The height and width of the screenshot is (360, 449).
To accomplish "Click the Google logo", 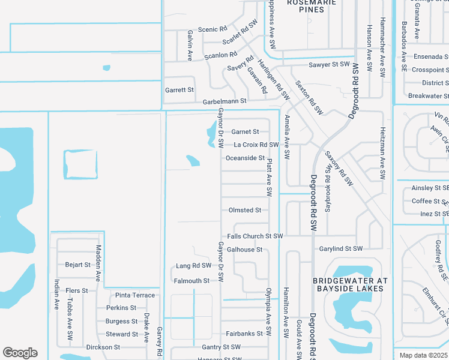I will pos(20,353).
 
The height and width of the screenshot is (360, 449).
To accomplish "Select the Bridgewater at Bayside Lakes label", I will pos(351,284).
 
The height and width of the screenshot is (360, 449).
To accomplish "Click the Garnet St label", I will pos(245,132).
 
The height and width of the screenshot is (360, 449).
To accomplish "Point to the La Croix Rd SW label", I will pos(256,145).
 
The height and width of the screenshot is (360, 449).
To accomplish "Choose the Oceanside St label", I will pos(245,158).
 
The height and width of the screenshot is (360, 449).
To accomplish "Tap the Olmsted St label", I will pos(245,211).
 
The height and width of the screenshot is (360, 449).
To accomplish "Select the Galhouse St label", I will pos(245,250).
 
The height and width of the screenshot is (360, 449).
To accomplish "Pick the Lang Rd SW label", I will pos(194,266).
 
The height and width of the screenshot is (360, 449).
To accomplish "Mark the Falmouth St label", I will pos(191,281).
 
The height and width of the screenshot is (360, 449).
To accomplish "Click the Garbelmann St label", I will pos(225,101).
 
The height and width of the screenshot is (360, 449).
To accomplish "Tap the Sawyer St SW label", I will pos(329,64).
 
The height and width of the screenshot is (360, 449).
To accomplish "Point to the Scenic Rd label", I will pos(212,29).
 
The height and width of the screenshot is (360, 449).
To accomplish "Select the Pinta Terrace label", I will pos(135,295).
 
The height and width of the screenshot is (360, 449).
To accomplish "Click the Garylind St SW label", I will pos(341,248).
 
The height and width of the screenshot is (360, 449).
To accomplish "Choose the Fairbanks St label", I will pos(245,334).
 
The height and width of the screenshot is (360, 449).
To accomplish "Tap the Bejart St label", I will pos(77,264).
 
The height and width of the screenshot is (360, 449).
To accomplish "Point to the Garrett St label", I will pos(179,90).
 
